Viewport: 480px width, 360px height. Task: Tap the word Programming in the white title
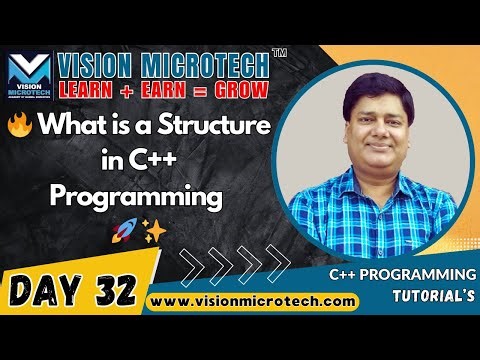pos(134,197)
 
